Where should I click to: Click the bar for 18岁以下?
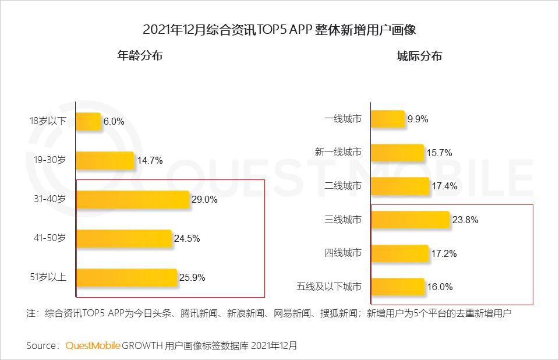tap(89, 121)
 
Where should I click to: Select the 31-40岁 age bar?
tap(133, 199)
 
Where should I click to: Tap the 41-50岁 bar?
tap(124, 238)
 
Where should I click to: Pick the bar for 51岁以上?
tap(126, 277)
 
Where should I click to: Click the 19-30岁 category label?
tap(51, 160)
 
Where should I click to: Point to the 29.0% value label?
tap(204, 199)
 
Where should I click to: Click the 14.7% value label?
tap(150, 160)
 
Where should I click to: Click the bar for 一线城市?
tap(388, 119)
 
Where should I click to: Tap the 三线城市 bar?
tap(410, 220)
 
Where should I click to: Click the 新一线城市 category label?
tap(338, 152)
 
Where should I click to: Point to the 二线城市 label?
tap(342, 186)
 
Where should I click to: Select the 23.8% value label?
tap(465, 220)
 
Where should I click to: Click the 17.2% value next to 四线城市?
tap(444, 254)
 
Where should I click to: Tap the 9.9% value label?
tap(418, 119)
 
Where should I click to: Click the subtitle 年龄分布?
tap(140, 56)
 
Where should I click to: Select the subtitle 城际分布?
tap(419, 56)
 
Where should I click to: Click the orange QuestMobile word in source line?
tap(93, 345)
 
